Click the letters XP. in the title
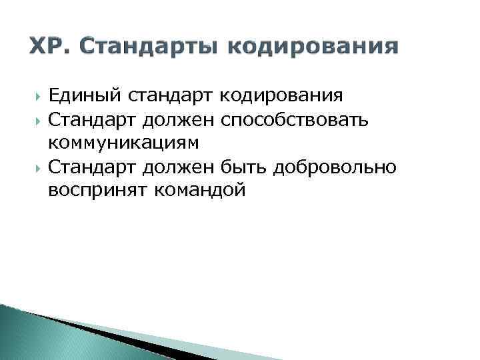click(x=49, y=47)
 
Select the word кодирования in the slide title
click(x=325, y=47)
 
